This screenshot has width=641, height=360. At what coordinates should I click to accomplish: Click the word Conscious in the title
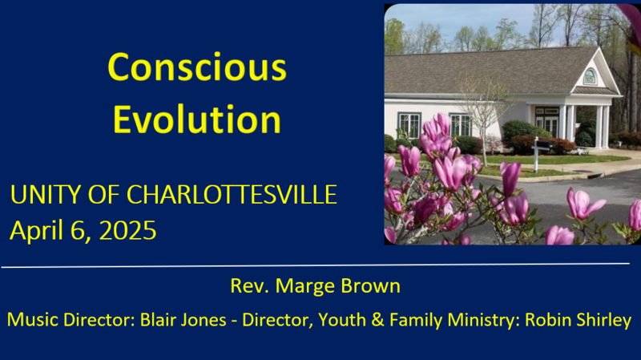coord(196,67)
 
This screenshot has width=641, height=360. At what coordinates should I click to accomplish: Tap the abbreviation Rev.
coord(247,287)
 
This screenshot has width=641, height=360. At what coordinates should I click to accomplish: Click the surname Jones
coord(211,320)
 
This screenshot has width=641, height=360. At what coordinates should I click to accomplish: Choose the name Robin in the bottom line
coord(546,320)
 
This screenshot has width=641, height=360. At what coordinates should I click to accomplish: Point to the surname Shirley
coord(603,320)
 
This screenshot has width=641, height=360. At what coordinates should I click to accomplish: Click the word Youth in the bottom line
coord(341,320)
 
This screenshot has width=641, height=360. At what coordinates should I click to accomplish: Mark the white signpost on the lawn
coord(535,153)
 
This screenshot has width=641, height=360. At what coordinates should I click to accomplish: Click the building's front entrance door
coord(547,122)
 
